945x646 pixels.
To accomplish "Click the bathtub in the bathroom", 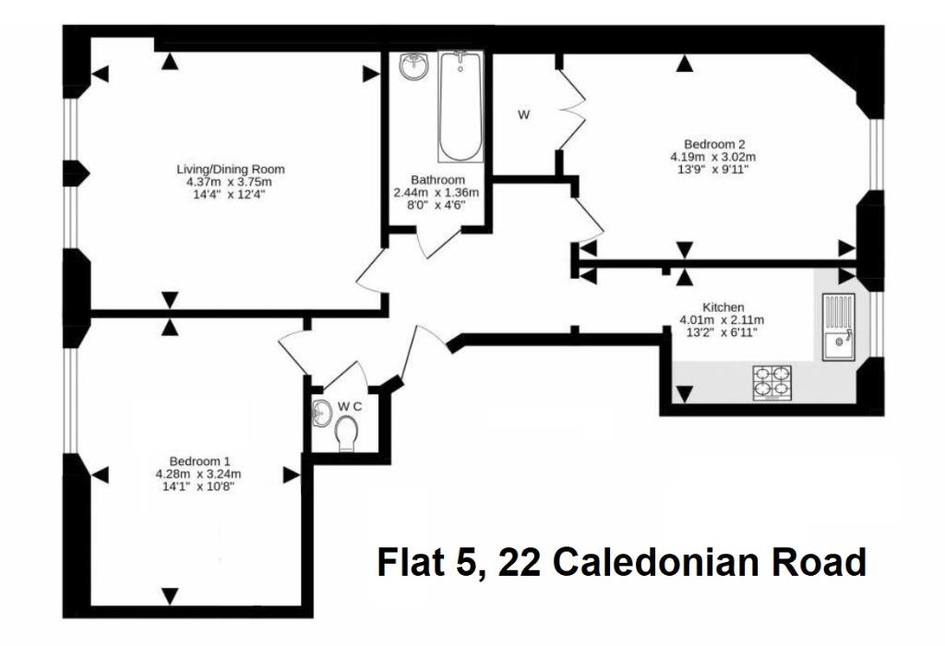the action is click(x=461, y=107).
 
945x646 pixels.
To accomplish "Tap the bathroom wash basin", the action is click(x=413, y=66).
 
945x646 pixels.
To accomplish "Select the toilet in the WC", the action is click(x=346, y=435).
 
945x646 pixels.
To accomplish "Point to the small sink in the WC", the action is click(x=322, y=413).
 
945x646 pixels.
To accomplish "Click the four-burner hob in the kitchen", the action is click(x=772, y=383).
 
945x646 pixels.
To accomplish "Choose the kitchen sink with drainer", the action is click(x=838, y=327).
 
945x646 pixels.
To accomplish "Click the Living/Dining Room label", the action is click(x=230, y=169).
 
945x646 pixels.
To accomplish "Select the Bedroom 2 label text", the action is click(x=714, y=145).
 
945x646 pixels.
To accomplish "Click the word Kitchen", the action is click(x=724, y=307).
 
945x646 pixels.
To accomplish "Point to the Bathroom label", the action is click(x=437, y=180).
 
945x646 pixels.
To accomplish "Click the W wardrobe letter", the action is click(x=524, y=114).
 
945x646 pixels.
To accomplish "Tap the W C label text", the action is click(x=350, y=407).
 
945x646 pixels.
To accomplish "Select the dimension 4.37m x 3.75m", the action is click(x=229, y=182).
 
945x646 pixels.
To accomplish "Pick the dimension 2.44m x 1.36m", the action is click(x=437, y=193).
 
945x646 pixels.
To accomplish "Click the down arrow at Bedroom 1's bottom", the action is click(x=171, y=596).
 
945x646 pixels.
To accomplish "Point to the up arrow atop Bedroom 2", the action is click(x=683, y=64).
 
